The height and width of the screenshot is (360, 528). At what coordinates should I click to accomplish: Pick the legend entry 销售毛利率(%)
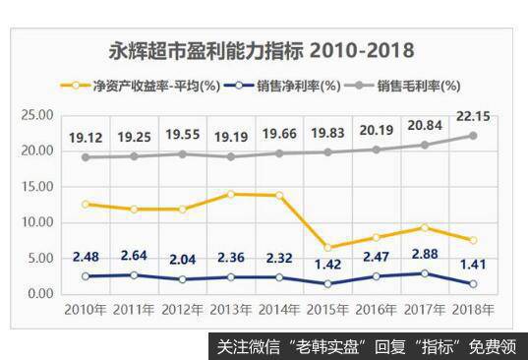tap(419, 86)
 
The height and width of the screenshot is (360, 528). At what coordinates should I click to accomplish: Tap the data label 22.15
tap(472, 118)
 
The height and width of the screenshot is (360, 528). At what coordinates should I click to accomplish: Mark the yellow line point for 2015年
tap(329, 247)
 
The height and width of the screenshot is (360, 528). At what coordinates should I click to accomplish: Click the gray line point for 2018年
tap(472, 136)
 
